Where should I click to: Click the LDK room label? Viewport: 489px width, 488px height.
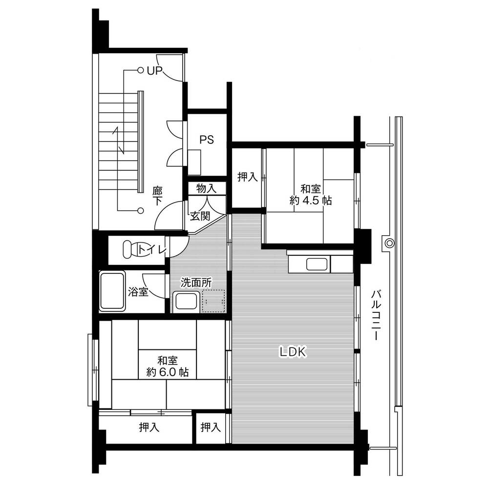293,352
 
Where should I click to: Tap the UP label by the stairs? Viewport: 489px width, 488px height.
155,71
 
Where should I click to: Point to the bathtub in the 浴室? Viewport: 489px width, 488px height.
112,291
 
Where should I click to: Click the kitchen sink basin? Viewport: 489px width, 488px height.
317,264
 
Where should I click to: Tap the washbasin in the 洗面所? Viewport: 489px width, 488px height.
186,302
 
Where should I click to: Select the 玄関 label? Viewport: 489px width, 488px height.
200,216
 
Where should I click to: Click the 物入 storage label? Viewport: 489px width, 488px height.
206,188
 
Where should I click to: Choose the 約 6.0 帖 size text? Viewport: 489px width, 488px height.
168,372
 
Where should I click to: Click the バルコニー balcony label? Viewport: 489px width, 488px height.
376,315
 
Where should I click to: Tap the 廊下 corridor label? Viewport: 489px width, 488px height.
157,196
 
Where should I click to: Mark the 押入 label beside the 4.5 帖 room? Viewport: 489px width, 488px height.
247,177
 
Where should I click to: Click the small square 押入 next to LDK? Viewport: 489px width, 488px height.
211,427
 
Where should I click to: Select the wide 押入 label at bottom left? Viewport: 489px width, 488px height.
149,427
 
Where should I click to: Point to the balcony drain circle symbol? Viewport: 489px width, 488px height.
389,243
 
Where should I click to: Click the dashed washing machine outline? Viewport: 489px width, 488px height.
213,301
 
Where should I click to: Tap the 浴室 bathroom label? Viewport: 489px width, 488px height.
138,292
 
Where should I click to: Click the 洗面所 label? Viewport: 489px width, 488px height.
196,283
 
